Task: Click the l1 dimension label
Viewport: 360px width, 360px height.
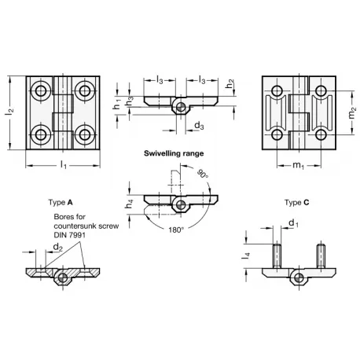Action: coord(64,165)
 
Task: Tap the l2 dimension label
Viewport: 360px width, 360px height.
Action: coord(9,112)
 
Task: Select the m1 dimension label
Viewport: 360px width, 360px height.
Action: coord(299,165)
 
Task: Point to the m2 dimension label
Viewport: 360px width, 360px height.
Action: coord(352,113)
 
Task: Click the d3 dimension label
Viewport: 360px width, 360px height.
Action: coord(199,126)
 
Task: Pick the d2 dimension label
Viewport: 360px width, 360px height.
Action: coord(58,248)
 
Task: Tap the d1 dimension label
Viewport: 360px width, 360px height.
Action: coord(294,223)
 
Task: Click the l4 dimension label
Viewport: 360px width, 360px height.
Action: coord(246,255)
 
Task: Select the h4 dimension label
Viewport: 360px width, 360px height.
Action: coord(130,204)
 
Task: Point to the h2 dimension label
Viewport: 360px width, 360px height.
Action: coord(230,84)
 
